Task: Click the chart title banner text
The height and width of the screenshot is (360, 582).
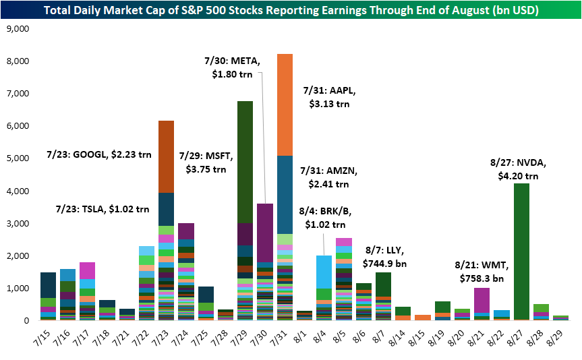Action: (291, 9)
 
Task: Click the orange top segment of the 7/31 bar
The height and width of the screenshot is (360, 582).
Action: (285, 104)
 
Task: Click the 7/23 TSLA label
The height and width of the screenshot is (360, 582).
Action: (103, 208)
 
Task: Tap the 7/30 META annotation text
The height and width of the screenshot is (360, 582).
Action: (231, 66)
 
